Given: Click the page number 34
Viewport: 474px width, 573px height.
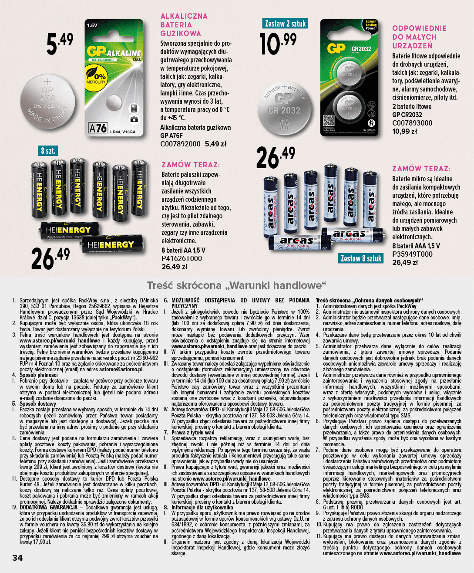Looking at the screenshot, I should [x=17, y=558].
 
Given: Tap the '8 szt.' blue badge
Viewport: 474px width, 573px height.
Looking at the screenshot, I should [x=48, y=151].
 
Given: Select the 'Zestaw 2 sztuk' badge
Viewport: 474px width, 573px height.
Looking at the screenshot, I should [x=285, y=24].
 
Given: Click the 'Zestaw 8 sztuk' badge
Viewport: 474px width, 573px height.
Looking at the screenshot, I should [x=361, y=258].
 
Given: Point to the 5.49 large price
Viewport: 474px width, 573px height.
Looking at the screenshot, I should [x=60, y=44].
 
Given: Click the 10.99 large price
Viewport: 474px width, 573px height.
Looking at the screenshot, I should [x=278, y=44].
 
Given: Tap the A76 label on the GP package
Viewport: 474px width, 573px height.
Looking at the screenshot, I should [x=97, y=128].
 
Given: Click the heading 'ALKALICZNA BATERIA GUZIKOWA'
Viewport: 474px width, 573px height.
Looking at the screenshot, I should [x=184, y=25].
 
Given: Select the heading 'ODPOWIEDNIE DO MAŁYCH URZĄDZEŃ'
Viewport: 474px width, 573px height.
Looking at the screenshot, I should [x=419, y=37].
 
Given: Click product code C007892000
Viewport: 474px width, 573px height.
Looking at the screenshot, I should [x=181, y=144].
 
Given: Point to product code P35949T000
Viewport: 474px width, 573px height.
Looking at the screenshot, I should [x=412, y=254].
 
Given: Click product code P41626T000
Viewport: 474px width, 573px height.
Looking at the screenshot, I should [x=182, y=258].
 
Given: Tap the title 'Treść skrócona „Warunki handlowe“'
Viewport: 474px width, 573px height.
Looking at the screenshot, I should [x=236, y=286].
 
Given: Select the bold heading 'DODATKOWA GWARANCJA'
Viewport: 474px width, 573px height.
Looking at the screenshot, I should [x=48, y=507].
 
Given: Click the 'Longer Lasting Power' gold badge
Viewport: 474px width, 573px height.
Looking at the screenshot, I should [x=370, y=25].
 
